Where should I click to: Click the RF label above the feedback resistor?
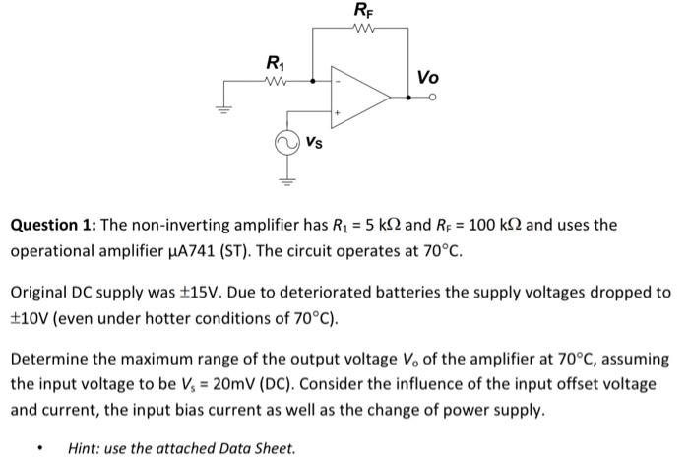[361, 12]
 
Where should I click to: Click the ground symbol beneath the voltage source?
[284, 179]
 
